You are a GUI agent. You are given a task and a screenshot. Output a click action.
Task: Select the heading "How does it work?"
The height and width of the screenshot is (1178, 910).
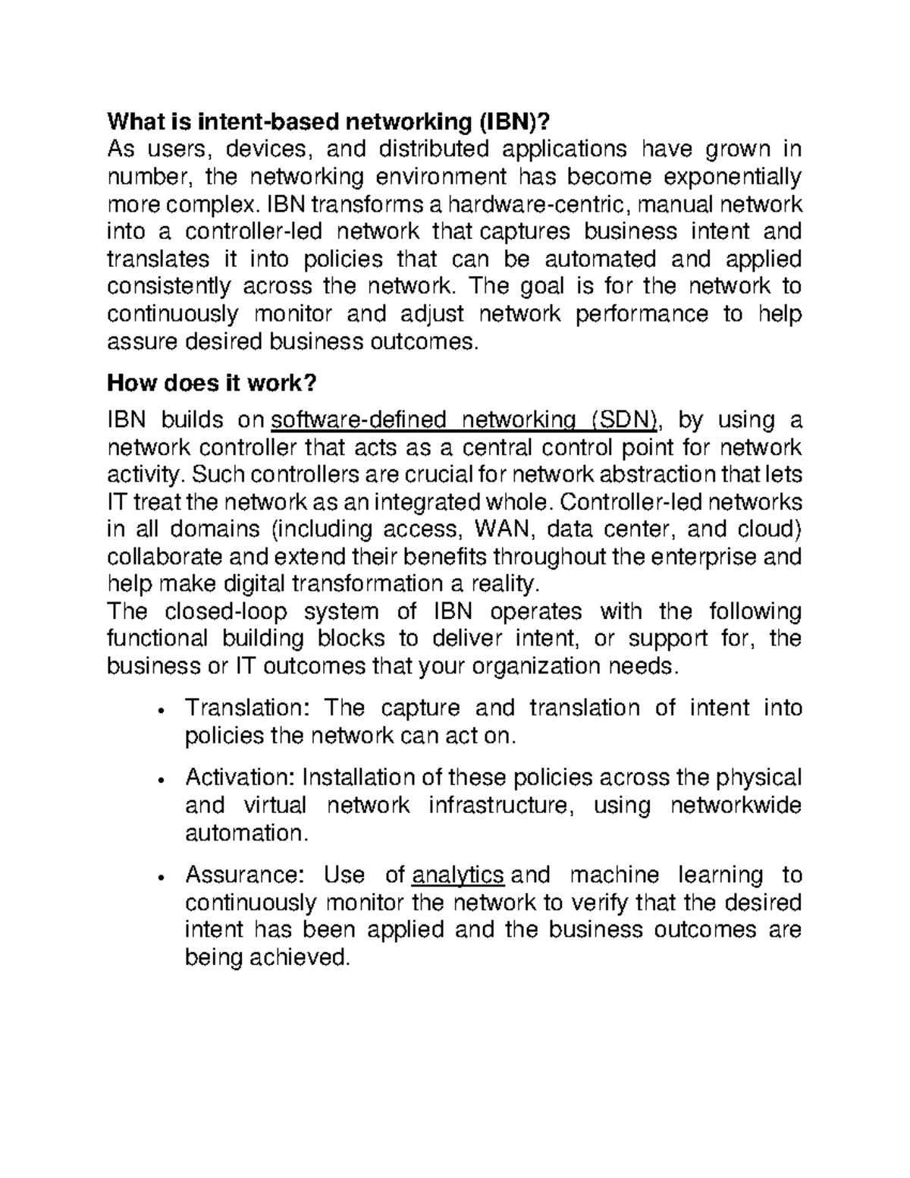211,384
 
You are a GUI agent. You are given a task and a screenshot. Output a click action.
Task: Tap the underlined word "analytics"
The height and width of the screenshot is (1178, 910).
458,875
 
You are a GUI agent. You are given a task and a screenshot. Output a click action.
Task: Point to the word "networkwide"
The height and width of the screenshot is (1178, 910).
736,806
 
